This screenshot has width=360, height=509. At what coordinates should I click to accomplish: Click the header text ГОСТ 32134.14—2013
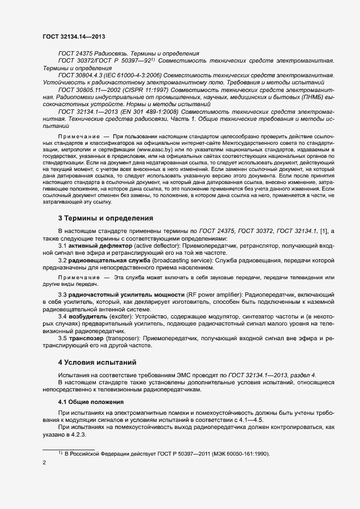pyautogui.click(x=74, y=36)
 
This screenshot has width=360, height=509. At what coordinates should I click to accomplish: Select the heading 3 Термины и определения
pyautogui.click(x=105, y=218)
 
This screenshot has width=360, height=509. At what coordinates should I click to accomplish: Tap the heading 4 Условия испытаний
pyautogui.click(x=98, y=362)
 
